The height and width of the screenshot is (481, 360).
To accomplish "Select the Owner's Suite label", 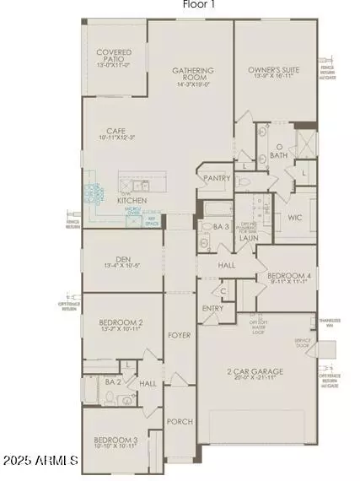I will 275,70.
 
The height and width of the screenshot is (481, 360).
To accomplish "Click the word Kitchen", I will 132,200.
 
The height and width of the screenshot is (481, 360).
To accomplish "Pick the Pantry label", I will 214,179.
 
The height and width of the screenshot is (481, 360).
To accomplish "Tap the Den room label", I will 123,260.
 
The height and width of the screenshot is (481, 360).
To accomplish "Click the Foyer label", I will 179,335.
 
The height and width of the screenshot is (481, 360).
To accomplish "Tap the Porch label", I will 180,421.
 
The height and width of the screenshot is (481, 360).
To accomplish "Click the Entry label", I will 212,309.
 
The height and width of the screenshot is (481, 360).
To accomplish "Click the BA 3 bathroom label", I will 221,227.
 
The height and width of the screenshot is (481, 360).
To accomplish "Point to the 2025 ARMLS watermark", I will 40,462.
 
